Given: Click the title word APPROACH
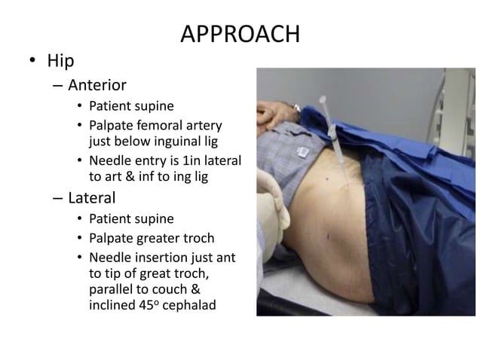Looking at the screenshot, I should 240,35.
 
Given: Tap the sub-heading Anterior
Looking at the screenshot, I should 97,85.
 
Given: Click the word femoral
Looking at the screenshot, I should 158,124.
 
